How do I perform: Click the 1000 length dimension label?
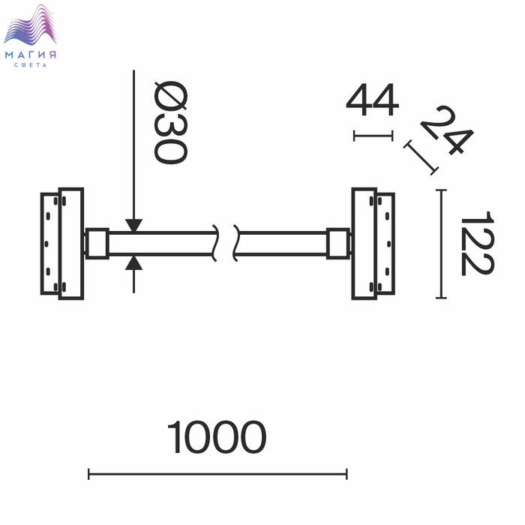point(217,437)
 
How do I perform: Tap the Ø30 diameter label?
point(170,122)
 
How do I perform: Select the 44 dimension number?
point(372,100)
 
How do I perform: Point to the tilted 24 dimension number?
point(447,130)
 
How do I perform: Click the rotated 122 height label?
point(478,244)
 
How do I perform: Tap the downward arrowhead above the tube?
point(134,225)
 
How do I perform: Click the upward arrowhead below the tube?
point(134,262)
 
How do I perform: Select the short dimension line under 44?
point(373,136)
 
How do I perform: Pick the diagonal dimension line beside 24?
point(421,157)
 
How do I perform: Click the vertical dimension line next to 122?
point(441,244)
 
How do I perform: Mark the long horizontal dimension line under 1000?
point(217,474)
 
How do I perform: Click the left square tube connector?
point(97,244)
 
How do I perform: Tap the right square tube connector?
point(338,244)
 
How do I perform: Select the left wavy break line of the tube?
point(215,243)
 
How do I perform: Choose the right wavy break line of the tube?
point(235,243)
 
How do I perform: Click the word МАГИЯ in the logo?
point(31,55)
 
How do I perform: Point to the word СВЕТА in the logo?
point(31,65)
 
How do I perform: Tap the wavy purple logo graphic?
point(30,25)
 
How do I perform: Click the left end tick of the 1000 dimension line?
point(88,474)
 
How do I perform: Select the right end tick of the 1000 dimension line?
point(346,474)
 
